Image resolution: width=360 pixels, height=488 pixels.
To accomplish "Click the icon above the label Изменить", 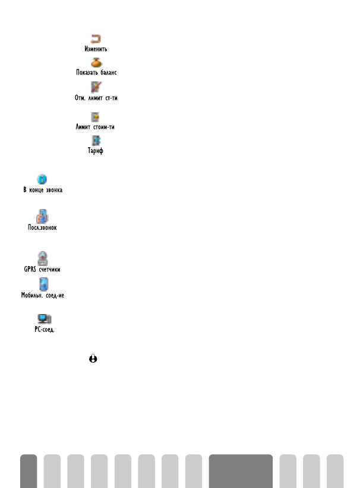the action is pos(96,39).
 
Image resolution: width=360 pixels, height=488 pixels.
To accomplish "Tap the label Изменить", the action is pos(96,49).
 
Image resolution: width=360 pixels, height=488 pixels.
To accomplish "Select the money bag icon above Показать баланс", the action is pos(96,62).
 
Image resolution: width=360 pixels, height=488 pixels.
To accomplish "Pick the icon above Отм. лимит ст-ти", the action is pos(96,87).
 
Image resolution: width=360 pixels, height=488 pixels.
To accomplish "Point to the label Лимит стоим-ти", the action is pos(96,126).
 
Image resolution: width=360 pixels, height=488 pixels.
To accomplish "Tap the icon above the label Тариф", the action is pos(96,141).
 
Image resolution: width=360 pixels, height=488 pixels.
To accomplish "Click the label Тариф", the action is pos(96,151).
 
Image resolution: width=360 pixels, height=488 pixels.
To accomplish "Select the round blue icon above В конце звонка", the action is pos(42,179).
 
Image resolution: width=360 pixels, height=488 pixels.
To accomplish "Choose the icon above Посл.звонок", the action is pos(42,216).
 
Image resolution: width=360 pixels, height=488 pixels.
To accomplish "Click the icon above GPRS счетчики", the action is pos(42,258).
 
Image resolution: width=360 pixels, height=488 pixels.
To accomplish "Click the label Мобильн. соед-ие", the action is pos(42,294).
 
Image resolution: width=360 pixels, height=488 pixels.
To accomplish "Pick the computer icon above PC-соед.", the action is pos(42,319).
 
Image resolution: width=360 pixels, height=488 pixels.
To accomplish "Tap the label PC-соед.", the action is pos(42,329).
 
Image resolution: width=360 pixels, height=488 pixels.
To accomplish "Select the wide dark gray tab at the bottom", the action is pos(241,471).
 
